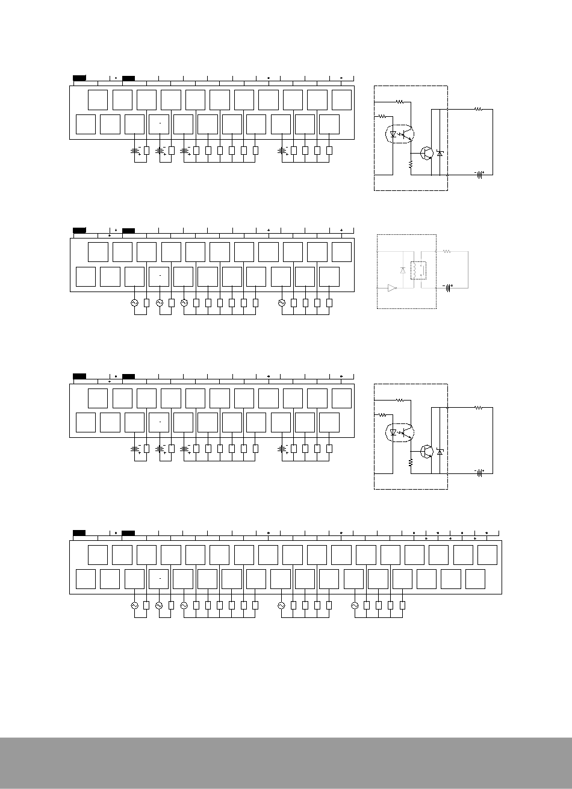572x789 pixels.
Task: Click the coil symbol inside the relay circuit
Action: [414, 270]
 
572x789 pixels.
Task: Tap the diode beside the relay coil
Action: [402, 270]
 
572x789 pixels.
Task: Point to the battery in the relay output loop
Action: [447, 288]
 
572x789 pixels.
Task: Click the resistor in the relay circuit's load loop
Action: [446, 251]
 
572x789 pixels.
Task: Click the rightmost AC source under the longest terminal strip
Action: [354, 605]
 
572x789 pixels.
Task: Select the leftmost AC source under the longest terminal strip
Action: [135, 605]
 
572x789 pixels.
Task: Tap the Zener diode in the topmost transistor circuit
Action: [440, 154]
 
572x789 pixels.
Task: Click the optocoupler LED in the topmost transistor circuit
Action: [393, 135]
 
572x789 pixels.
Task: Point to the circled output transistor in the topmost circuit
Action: [427, 153]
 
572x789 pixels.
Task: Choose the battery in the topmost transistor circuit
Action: [480, 175]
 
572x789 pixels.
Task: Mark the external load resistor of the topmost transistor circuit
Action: [479, 109]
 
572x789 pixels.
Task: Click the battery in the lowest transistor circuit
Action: [480, 473]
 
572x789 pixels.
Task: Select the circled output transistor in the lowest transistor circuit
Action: [427, 451]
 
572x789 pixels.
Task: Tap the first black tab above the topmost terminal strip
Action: [79, 78]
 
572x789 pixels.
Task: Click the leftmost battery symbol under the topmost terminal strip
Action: [135, 150]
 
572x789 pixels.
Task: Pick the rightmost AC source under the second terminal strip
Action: [281, 303]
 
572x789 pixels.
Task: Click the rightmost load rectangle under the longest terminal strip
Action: [403, 605]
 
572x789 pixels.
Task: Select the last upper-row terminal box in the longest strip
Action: [487, 555]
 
